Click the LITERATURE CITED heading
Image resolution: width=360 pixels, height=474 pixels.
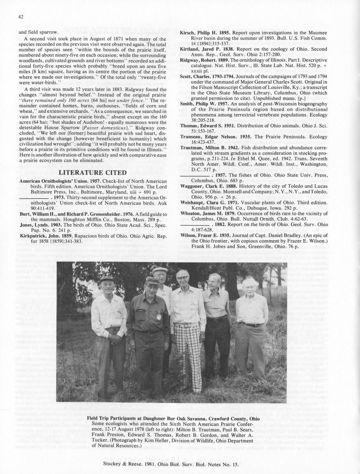93,172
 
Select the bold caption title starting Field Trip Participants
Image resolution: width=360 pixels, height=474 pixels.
173,419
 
